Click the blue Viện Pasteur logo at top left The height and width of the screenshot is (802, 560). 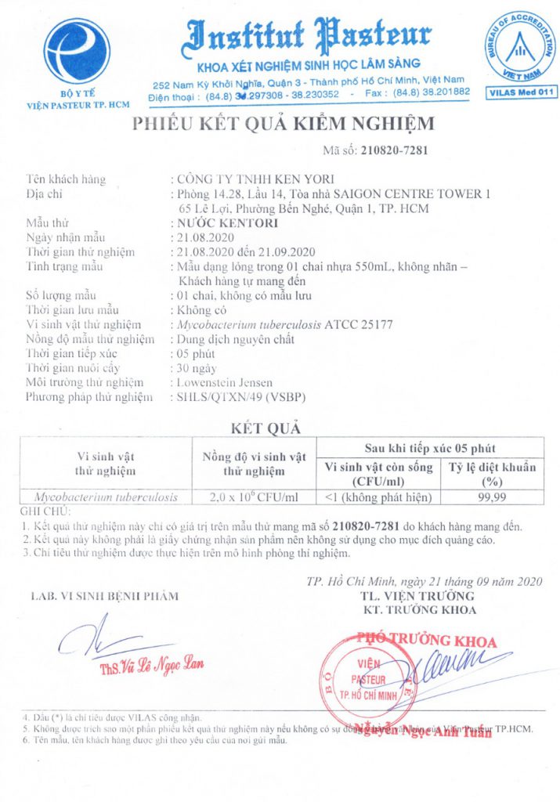[77, 49]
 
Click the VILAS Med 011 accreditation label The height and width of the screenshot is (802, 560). [522, 92]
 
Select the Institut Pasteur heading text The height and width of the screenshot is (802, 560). [309, 35]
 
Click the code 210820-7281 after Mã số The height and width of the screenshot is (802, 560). [395, 150]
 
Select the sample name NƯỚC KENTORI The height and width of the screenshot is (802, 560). [223, 223]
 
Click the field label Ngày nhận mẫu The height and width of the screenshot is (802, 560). [76, 237]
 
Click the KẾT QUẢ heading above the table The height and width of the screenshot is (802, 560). [266, 428]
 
